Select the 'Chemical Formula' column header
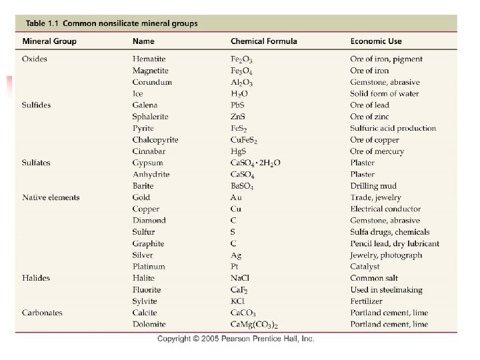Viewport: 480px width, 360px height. pyautogui.click(x=264, y=41)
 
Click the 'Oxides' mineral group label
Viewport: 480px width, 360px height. pyautogui.click(x=35, y=59)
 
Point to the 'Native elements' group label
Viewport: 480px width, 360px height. pyautogui.click(x=51, y=197)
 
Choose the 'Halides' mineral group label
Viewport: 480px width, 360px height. pyautogui.click(x=36, y=278)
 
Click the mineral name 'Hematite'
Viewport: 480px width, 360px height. pyautogui.click(x=149, y=59)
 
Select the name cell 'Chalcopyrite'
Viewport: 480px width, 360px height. pyautogui.click(x=155, y=140)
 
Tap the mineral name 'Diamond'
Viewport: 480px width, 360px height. pyautogui.click(x=149, y=220)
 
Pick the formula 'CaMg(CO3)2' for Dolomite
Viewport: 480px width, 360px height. pyautogui.click(x=255, y=325)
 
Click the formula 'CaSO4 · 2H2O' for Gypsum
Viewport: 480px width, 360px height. pyautogui.click(x=255, y=163)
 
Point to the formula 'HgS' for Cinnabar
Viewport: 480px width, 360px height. pyautogui.click(x=239, y=151)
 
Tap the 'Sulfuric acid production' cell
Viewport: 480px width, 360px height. pyautogui.click(x=393, y=128)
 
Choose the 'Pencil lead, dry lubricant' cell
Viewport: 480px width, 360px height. pyautogui.click(x=395, y=243)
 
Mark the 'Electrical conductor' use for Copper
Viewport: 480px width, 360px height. pyautogui.click(x=385, y=209)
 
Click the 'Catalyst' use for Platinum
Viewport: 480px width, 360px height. pyautogui.click(x=365, y=266)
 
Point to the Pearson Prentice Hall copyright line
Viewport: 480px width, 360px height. pyautogui.click(x=236, y=339)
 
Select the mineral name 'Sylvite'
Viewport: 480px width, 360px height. pyautogui.click(x=146, y=301)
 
